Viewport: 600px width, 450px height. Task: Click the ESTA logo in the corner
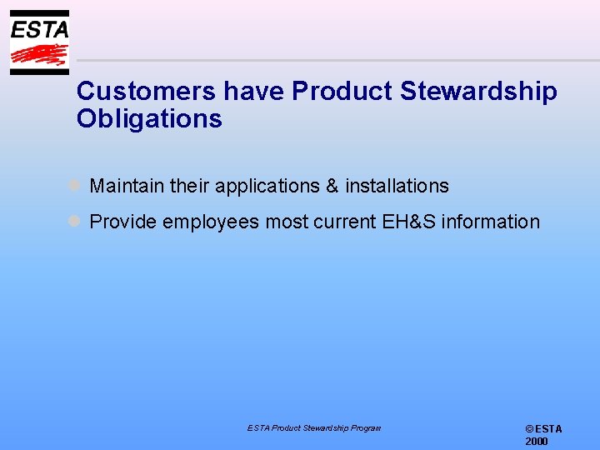(39, 42)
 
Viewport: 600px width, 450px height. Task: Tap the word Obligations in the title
(149, 119)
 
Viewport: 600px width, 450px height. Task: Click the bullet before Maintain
(73, 186)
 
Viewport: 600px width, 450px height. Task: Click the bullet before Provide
(73, 222)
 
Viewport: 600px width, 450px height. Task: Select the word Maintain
(127, 186)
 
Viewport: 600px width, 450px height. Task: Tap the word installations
(397, 186)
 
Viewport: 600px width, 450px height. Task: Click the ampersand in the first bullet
(332, 186)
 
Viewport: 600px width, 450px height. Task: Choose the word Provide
(123, 222)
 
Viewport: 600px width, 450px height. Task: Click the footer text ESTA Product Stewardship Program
(313, 427)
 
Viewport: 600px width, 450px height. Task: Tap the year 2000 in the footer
(537, 442)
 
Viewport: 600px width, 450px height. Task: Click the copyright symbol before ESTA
(529, 429)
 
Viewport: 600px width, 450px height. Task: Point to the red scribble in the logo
(38, 55)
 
